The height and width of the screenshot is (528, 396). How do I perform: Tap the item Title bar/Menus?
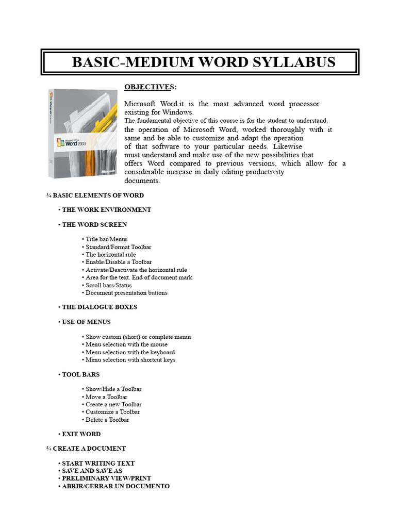[106, 239]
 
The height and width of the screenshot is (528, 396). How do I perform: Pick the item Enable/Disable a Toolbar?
[119, 262]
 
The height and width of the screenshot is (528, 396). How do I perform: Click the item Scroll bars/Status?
[108, 285]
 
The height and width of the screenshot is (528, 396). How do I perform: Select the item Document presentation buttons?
[126, 293]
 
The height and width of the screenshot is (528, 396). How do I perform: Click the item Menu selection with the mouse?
[126, 344]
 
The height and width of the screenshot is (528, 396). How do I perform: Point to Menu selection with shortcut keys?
[130, 360]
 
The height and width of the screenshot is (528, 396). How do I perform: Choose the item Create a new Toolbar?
[113, 404]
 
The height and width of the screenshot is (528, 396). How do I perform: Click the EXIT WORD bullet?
[81, 434]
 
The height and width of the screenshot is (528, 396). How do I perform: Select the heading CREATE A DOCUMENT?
[89, 449]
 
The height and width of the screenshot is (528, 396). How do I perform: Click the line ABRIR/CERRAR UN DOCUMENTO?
[115, 486]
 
